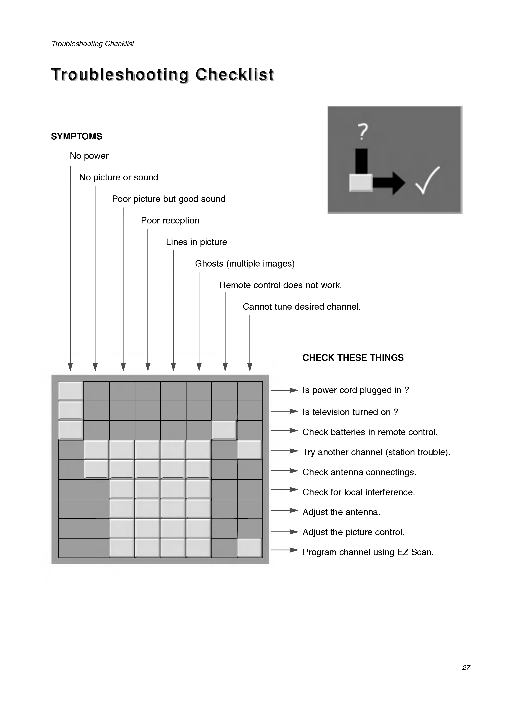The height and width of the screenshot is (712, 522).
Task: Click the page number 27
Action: coord(466,667)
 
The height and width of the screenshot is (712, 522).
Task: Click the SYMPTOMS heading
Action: coord(76,136)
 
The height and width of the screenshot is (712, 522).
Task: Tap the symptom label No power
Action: coord(89,156)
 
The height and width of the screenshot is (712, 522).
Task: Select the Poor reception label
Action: coord(170,220)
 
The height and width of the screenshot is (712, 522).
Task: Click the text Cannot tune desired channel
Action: coord(301,307)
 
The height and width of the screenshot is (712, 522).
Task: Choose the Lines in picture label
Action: coord(196,242)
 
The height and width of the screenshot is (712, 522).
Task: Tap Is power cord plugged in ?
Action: coord(355,390)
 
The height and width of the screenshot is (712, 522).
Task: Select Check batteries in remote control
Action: coord(370,432)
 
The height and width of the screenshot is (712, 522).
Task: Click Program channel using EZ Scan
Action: coord(368,552)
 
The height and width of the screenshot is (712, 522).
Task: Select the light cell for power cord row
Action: coord(71,391)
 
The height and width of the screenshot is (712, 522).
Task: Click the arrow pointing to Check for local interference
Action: coord(284,490)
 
